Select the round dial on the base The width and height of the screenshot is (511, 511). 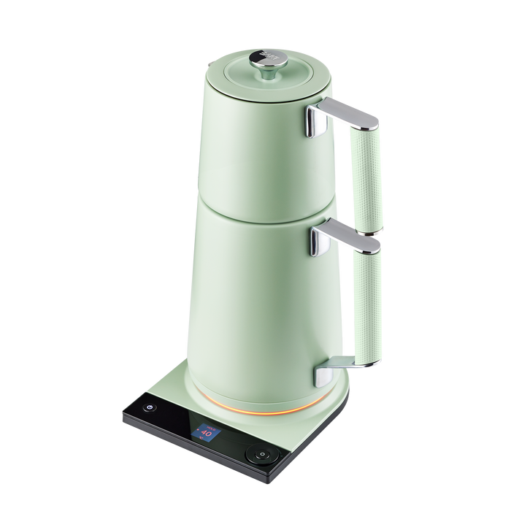(x=261, y=454)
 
